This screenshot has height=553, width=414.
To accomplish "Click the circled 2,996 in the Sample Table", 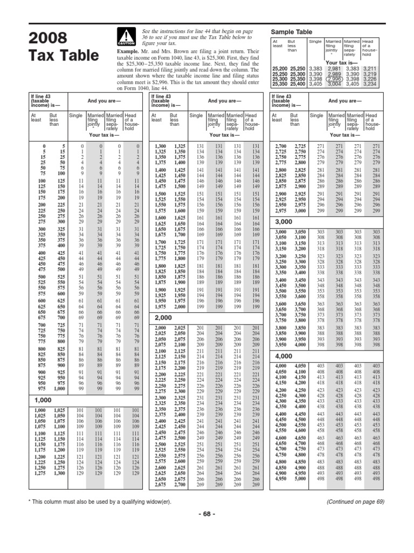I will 334,77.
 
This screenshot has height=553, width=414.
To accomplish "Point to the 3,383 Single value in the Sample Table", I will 316,69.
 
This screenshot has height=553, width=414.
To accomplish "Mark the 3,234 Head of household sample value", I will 369,84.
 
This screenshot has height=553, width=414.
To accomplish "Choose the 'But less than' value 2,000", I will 178,306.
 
